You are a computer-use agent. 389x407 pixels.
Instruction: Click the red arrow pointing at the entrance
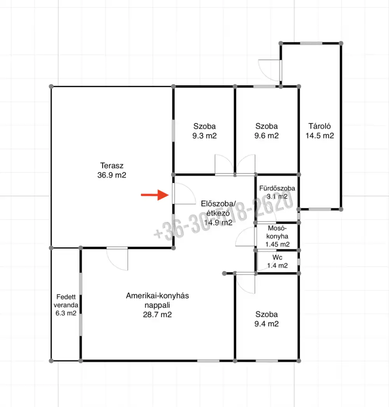155,195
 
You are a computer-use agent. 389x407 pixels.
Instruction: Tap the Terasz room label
112,165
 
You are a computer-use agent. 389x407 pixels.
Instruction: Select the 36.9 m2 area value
112,175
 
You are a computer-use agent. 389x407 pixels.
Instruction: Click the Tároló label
319,126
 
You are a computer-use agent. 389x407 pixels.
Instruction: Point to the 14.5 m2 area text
319,136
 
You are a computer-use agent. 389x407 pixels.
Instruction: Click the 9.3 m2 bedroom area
204,136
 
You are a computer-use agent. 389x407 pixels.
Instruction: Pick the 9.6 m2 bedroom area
266,136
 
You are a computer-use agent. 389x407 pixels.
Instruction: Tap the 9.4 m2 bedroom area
266,324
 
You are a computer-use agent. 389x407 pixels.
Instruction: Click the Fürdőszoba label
277,188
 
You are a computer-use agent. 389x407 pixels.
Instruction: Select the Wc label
277,257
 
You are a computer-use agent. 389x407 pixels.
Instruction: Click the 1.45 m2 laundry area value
277,244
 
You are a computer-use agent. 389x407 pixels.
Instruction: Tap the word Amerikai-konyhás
158,296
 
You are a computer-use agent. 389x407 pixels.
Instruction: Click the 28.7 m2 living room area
158,314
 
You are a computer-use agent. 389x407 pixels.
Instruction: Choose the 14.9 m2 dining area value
218,223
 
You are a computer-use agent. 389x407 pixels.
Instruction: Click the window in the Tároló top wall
311,44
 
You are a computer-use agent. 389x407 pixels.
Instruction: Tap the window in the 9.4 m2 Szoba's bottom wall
267,361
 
